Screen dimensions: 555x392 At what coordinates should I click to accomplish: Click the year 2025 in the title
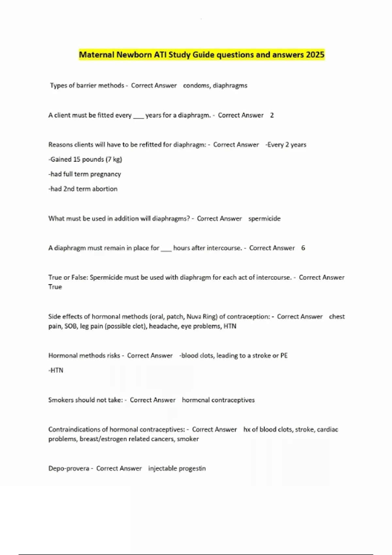click(315, 55)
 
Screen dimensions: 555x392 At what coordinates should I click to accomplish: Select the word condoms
click(196, 86)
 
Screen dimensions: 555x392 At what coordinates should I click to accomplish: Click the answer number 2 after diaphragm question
click(272, 115)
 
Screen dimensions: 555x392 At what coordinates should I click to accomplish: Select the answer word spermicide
click(264, 218)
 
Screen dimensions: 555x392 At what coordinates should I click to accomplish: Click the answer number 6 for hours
click(303, 248)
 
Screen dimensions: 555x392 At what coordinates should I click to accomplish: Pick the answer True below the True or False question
click(55, 287)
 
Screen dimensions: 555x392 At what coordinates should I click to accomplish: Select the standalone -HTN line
click(56, 370)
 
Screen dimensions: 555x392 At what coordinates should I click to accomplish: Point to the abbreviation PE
click(284, 356)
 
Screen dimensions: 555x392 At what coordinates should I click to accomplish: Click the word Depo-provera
click(69, 468)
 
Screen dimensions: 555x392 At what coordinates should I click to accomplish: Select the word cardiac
click(327, 429)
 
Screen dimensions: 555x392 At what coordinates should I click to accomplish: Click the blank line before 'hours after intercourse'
click(166, 249)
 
